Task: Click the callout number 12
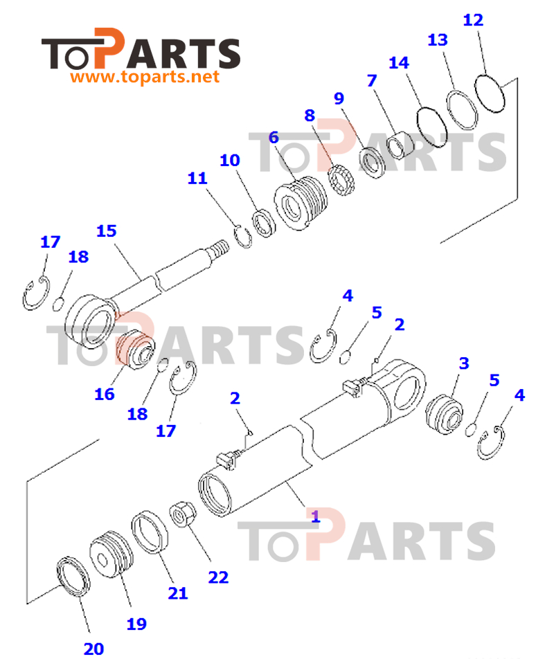pyautogui.click(x=473, y=20)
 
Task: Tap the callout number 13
pyautogui.click(x=438, y=40)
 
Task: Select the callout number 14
pyautogui.click(x=398, y=62)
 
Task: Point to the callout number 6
pyautogui.click(x=274, y=138)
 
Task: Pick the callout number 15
pyautogui.click(x=107, y=231)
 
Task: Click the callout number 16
pyautogui.click(x=105, y=395)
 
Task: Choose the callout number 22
pyautogui.click(x=218, y=577)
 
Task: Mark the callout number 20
pyautogui.click(x=93, y=649)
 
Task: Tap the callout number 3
pyautogui.click(x=463, y=363)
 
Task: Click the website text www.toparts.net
pyautogui.click(x=145, y=77)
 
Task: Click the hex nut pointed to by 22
pyautogui.click(x=183, y=514)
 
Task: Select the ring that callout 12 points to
pyautogui.click(x=490, y=93)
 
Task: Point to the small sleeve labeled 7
pyautogui.click(x=400, y=145)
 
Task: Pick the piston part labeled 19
pyautogui.click(x=111, y=554)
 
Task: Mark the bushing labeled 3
pyautogui.click(x=445, y=415)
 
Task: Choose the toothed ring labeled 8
pyautogui.click(x=342, y=180)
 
